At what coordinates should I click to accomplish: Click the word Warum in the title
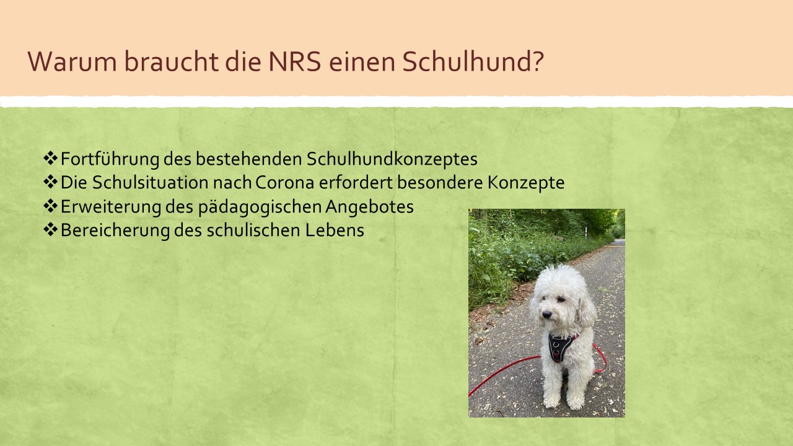pyautogui.click(x=72, y=61)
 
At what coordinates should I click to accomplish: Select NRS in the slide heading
pyautogui.click(x=294, y=61)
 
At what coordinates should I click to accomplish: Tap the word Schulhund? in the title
pyautogui.click(x=473, y=61)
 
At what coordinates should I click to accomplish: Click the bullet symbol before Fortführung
pyautogui.click(x=51, y=158)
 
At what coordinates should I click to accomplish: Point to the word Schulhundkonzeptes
pyautogui.click(x=392, y=159)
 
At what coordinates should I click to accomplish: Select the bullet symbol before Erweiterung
pyautogui.click(x=51, y=206)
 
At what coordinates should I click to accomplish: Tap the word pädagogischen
pyautogui.click(x=260, y=207)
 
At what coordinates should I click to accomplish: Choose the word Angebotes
pyautogui.click(x=369, y=207)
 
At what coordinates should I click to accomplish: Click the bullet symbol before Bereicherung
pyautogui.click(x=51, y=229)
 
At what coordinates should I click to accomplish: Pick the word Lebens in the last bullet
pyautogui.click(x=335, y=230)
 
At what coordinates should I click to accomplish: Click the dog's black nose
pyautogui.click(x=546, y=314)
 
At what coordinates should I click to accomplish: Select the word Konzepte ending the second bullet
pyautogui.click(x=526, y=183)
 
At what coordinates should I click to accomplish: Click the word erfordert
pyautogui.click(x=356, y=183)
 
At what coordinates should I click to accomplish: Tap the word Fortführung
pyautogui.click(x=110, y=159)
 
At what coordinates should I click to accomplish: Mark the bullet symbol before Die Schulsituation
pyautogui.click(x=51, y=182)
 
